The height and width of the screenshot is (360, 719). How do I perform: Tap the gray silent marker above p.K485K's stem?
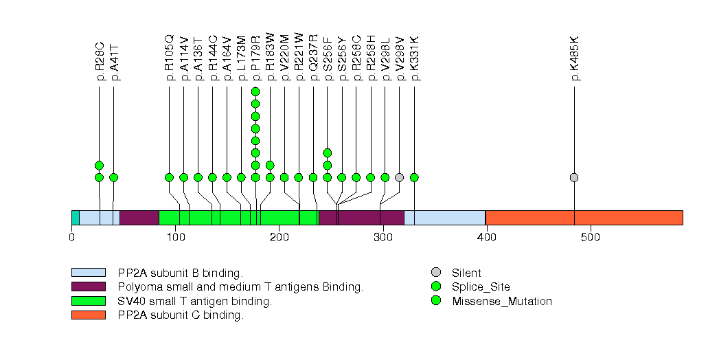point(574,177)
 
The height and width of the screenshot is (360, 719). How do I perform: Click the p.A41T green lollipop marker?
point(113,177)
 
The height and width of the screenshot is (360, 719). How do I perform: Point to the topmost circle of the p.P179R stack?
point(255,92)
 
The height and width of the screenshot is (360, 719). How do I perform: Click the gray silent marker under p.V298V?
point(400,177)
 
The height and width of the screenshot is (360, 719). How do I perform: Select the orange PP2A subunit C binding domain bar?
point(584,218)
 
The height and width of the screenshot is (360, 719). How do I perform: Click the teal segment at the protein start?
point(76,218)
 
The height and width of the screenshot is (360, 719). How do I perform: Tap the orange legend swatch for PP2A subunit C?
point(89,315)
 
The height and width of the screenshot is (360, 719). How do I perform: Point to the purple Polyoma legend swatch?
point(89,286)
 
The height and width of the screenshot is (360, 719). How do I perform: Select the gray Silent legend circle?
point(436,273)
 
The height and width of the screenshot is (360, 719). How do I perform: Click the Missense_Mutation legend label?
point(502,301)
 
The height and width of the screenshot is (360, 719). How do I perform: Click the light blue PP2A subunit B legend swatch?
point(89,273)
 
